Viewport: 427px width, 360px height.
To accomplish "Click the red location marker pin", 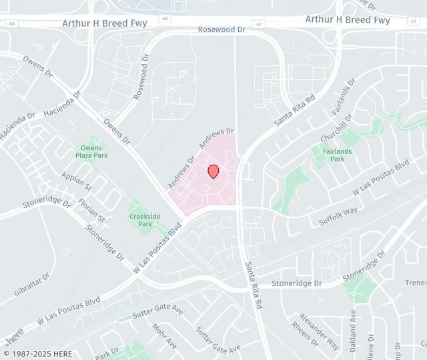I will coord(213,171).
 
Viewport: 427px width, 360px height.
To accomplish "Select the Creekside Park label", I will coord(140,220).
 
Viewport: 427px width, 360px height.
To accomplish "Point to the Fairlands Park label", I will coord(328,155).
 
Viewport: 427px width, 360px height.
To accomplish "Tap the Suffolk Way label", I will coord(339,215).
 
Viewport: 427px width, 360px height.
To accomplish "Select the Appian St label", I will coord(75,180).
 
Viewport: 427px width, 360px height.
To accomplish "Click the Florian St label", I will coord(92,207).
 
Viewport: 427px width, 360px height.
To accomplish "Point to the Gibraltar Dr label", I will coord(31,285).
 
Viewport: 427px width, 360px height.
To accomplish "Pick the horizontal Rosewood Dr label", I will coord(222,30).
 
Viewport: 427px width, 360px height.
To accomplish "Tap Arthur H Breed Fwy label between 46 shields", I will coord(105,22).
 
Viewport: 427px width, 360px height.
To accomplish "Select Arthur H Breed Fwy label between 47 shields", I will coord(348,20).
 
